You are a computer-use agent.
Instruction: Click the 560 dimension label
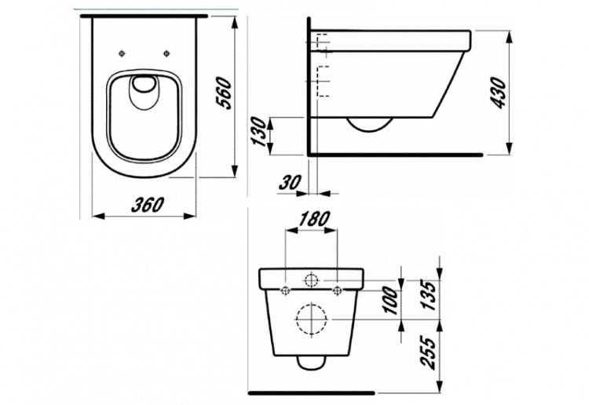point(225,93)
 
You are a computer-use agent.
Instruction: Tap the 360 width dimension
point(148,205)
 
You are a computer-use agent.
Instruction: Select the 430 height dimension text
point(499,93)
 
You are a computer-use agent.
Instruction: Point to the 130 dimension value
point(259,132)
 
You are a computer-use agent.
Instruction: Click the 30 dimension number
point(290,182)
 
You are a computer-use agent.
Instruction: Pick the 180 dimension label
point(314,219)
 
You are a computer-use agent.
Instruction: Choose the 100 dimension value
point(390,301)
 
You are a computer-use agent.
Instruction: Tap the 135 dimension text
point(429,295)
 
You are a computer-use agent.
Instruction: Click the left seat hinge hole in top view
point(121,53)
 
